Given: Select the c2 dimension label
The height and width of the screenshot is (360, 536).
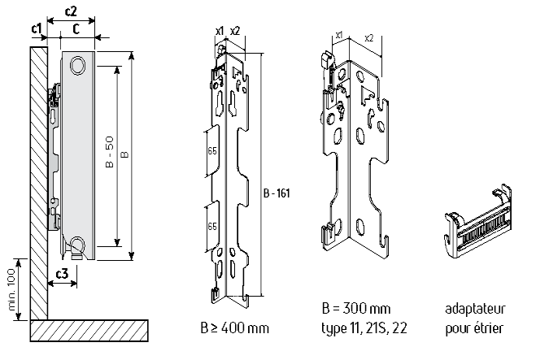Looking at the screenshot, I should point(72,11).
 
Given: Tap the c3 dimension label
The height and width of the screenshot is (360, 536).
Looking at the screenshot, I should point(59,275).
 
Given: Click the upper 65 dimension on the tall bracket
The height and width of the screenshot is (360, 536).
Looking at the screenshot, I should point(211,153).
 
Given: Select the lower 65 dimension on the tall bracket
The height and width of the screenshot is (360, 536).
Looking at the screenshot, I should point(211,225).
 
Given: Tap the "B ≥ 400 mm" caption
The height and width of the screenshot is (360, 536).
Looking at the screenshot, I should point(235,329).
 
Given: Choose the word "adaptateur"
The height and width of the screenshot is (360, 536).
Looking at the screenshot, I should point(477,310).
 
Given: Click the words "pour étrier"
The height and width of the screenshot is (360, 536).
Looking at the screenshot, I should point(475,329).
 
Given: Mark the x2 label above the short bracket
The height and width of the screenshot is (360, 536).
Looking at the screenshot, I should point(369,37).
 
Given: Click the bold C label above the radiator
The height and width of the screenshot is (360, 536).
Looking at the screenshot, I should point(75,30).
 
